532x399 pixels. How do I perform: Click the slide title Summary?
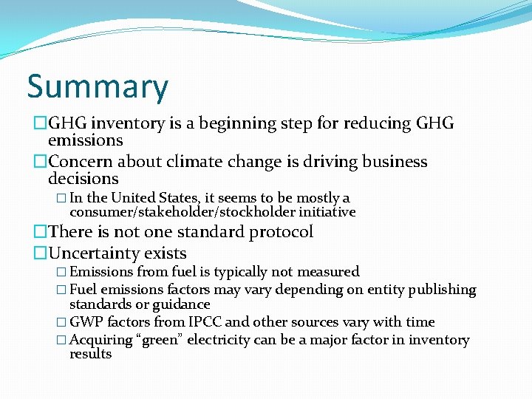(x=98, y=87)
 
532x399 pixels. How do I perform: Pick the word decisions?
(x=83, y=179)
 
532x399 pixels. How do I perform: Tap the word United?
(x=135, y=198)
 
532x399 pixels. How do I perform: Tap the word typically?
(x=242, y=272)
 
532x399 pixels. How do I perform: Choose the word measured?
(x=327, y=272)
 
